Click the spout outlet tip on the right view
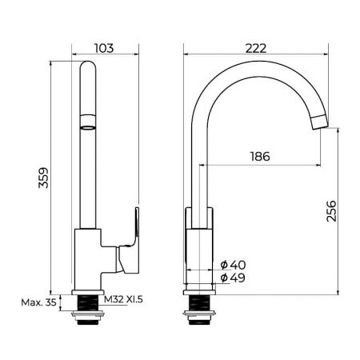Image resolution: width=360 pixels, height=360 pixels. (318, 122)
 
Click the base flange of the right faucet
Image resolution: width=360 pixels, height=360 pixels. (199, 290)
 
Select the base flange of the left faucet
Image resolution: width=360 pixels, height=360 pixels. (89, 290)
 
